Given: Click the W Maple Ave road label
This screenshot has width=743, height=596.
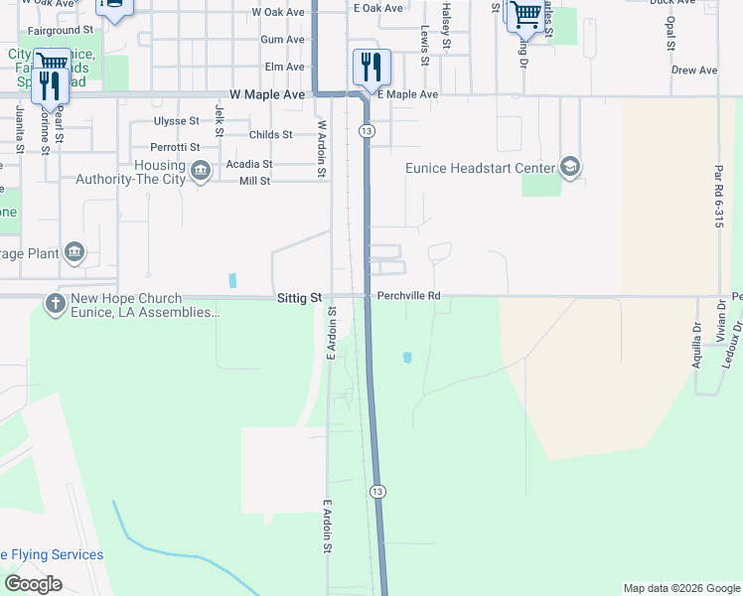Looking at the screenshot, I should (x=266, y=93).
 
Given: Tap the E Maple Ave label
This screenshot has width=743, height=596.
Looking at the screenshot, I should (x=408, y=94).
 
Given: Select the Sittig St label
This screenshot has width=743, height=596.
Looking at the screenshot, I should (x=300, y=297).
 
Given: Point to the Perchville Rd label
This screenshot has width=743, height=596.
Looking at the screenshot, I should (x=408, y=296).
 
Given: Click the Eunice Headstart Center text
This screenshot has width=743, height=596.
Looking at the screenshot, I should (x=480, y=168).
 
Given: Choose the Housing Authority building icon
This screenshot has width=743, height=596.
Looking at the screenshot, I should (x=200, y=172).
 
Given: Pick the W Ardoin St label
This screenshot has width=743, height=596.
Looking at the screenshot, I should (x=322, y=149).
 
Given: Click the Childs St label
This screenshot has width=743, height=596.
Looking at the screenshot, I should (x=271, y=134).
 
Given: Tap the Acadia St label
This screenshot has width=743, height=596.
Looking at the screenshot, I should (x=249, y=163).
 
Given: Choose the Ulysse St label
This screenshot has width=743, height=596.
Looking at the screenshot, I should (x=177, y=120).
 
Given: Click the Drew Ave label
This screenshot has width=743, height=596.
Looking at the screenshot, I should (x=694, y=71).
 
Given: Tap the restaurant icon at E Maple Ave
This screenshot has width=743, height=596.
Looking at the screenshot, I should (x=371, y=68).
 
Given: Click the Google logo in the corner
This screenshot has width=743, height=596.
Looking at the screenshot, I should (x=34, y=583).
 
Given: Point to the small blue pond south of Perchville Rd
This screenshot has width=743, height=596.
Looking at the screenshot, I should (x=407, y=357).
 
